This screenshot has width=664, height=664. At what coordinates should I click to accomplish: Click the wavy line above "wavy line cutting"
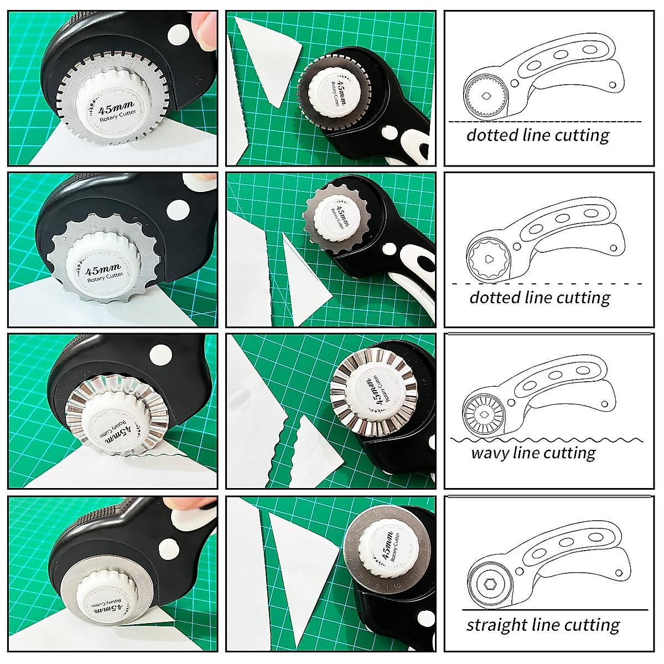(547, 440)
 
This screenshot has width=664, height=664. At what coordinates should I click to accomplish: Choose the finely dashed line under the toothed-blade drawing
(544, 122)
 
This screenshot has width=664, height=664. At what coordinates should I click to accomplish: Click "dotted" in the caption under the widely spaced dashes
(495, 298)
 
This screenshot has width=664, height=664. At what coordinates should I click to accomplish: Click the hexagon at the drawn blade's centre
(490, 585)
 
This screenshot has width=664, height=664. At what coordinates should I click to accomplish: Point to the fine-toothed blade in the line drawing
(485, 96)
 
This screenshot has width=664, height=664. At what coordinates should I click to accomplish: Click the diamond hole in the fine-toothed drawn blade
(485, 96)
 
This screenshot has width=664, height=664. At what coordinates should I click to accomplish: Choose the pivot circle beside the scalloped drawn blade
(518, 245)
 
